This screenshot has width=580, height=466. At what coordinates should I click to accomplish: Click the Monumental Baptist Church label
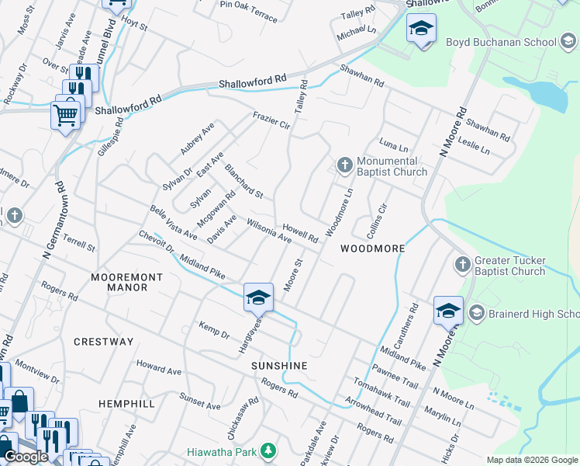[x=392, y=167]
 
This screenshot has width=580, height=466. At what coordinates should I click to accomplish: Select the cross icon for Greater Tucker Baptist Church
[x=462, y=265]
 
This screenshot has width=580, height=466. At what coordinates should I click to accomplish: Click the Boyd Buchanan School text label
[x=501, y=43]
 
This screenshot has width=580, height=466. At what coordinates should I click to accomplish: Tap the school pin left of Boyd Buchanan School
[x=421, y=30]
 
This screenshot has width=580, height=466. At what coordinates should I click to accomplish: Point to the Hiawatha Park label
[x=223, y=450]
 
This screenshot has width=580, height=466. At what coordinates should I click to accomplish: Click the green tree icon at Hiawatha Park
[x=268, y=450]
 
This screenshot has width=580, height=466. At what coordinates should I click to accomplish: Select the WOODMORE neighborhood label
[x=372, y=249]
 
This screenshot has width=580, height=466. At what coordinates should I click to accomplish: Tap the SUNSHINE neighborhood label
[x=279, y=366]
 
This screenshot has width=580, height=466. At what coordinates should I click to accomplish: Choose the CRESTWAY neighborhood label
[x=104, y=342]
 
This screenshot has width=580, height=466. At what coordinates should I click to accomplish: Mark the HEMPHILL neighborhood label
[x=127, y=404]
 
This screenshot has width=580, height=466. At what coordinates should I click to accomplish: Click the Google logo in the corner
[x=26, y=457]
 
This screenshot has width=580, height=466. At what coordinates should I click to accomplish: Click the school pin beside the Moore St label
[x=258, y=297]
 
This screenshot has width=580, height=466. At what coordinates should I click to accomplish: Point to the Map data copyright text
[x=532, y=460]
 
